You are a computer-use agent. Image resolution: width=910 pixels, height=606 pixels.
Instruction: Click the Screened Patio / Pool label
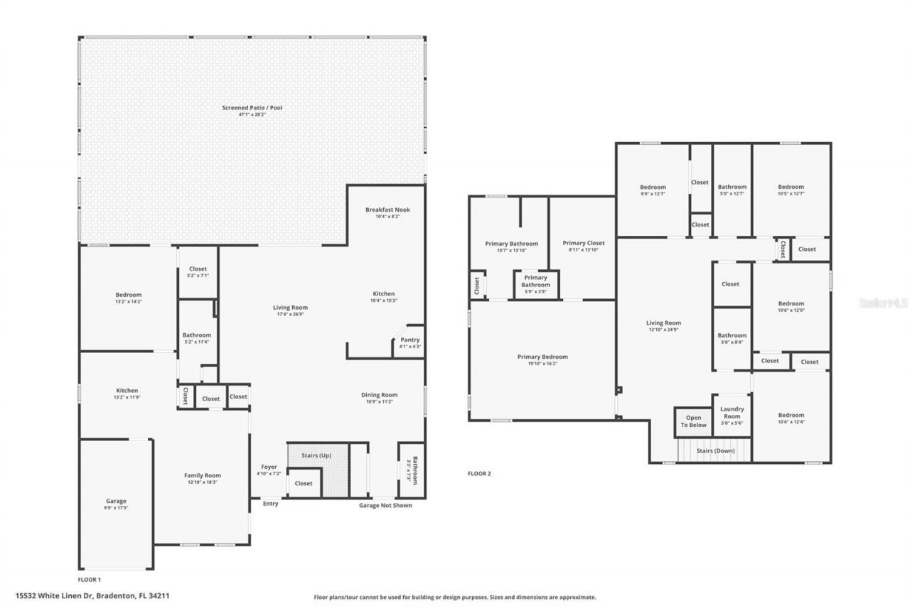(x=252, y=108)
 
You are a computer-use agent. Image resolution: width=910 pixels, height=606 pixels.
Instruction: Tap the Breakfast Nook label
(x=387, y=210)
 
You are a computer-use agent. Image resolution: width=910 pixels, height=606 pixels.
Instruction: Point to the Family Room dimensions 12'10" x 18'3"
(x=203, y=482)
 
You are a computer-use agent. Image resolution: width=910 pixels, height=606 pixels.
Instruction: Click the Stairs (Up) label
(x=316, y=455)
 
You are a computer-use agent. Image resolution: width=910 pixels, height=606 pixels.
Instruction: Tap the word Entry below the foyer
(x=271, y=504)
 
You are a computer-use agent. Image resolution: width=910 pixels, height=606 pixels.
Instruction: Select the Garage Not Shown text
(x=385, y=505)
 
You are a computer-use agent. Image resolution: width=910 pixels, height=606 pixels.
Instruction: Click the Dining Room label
(x=380, y=395)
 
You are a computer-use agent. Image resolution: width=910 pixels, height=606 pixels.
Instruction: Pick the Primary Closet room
(x=582, y=244)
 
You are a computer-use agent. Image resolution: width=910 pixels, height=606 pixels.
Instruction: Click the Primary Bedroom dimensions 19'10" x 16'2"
(x=542, y=364)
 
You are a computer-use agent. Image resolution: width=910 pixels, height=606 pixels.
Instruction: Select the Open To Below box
(x=693, y=421)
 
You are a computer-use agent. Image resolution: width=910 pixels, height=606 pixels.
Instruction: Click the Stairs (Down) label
(x=715, y=450)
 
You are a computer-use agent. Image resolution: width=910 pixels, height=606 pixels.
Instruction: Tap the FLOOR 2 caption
(x=479, y=473)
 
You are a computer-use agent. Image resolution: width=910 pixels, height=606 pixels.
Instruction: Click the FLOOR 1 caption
(x=89, y=580)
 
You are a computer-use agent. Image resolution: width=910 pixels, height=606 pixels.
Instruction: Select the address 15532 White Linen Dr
(x=92, y=596)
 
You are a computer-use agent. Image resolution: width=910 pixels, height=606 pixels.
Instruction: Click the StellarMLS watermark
(x=883, y=303)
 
